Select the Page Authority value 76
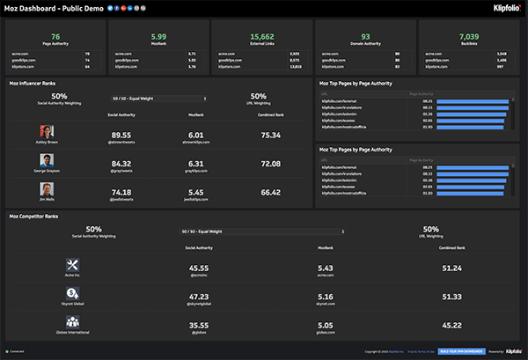[x=55, y=36]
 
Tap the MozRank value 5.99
[x=158, y=36]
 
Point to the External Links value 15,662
[x=261, y=36]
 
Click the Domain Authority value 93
[x=365, y=36]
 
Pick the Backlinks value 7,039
[x=468, y=36]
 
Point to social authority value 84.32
[x=121, y=164]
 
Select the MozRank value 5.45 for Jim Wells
[x=195, y=192]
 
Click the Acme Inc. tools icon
[x=74, y=265]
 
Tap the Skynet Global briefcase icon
[x=74, y=295]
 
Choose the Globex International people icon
[x=74, y=324]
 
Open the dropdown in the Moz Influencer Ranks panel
[x=159, y=99]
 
